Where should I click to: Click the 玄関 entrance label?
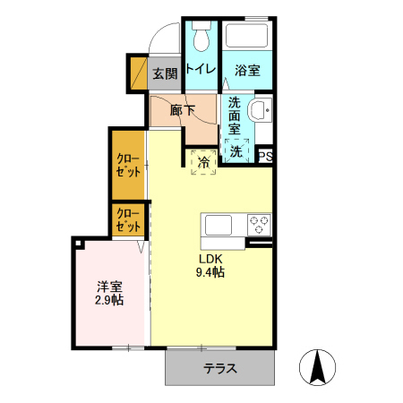[164, 73]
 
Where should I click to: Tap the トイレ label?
[201, 69]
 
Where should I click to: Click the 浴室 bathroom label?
[247, 69]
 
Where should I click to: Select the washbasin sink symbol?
[260, 112]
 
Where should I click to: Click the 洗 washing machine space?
[236, 151]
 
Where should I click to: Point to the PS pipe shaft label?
[265, 157]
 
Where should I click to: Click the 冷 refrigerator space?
[203, 162]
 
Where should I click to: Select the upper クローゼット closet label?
[128, 165]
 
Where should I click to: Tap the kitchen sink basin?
[220, 225]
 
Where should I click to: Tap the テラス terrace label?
[219, 368]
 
